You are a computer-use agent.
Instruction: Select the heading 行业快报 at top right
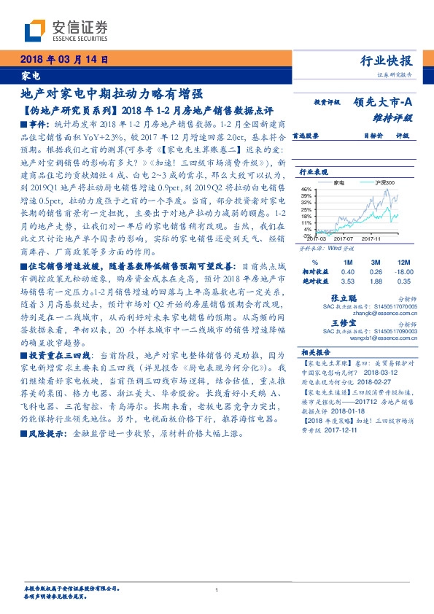point(387,61)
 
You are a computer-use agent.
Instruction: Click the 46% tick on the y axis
point(306,190)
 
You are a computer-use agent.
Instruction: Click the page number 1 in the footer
point(217,591)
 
